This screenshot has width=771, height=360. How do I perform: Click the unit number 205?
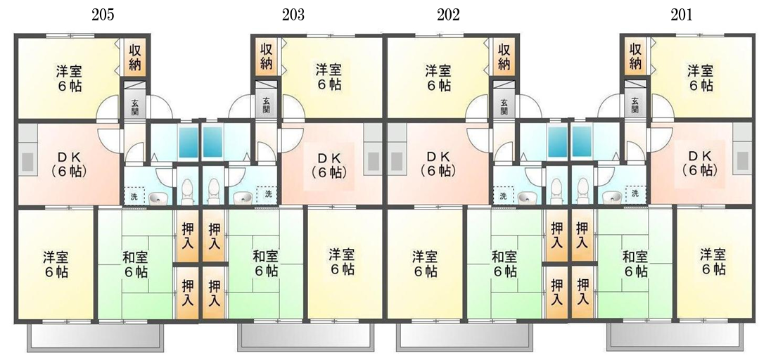click(x=103, y=15)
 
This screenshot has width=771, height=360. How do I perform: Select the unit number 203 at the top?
click(x=293, y=15)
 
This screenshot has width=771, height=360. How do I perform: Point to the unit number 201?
click(x=681, y=15)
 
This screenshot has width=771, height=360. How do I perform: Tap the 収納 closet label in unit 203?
click(x=267, y=56)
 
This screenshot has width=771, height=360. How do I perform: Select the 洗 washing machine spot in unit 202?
click(x=503, y=195)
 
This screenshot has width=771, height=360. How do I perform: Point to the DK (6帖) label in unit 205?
click(x=70, y=165)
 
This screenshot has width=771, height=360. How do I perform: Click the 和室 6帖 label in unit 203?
click(x=265, y=264)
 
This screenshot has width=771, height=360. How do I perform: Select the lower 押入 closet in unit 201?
click(x=583, y=292)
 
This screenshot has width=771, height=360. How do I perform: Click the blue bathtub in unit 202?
click(x=558, y=142)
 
